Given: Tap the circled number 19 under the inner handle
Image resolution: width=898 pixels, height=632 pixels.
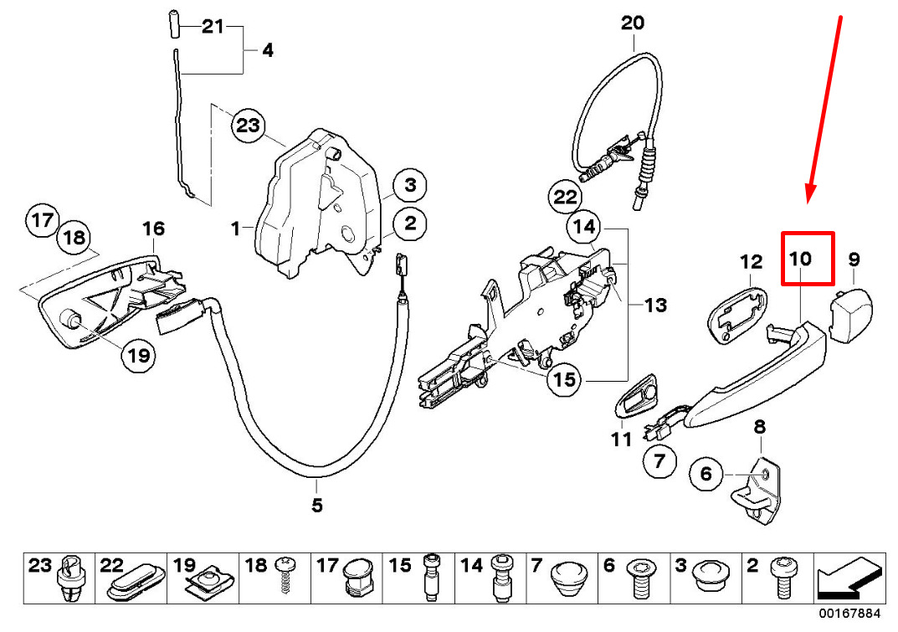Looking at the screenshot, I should pos(138,356).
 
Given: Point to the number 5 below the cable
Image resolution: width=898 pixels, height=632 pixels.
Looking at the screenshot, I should pos(316,505).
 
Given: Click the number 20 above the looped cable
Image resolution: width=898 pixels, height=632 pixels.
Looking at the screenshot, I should pos(633,23).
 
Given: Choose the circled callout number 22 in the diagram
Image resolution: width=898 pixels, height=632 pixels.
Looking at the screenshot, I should pos(565,198).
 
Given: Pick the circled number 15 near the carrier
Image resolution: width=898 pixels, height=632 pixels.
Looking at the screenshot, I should pos(565,379).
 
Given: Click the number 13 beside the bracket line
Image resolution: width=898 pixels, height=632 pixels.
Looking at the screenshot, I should pos(655,306).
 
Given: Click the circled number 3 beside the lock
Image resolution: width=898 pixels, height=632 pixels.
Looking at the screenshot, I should pos(410,184).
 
